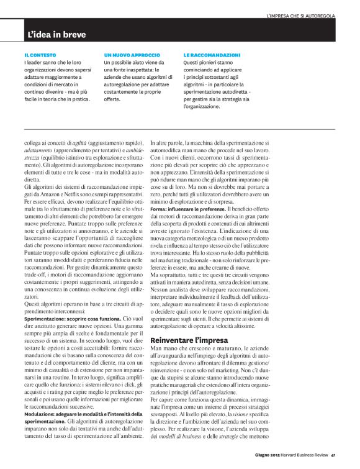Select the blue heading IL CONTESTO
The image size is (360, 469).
point(39,55)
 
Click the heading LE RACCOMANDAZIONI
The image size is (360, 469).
point(212,55)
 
